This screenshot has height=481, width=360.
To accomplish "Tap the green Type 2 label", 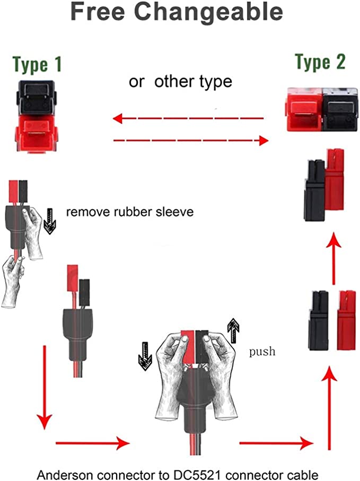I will pyautogui.click(x=320, y=63).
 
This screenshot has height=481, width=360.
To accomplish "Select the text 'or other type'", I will pyautogui.click(x=180, y=82).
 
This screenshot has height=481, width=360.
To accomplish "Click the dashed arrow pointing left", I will pyautogui.click(x=188, y=118).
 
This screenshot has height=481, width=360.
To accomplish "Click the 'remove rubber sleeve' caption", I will pyautogui.click(x=130, y=213).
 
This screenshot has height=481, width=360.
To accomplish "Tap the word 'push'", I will pyautogui.click(x=262, y=352).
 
